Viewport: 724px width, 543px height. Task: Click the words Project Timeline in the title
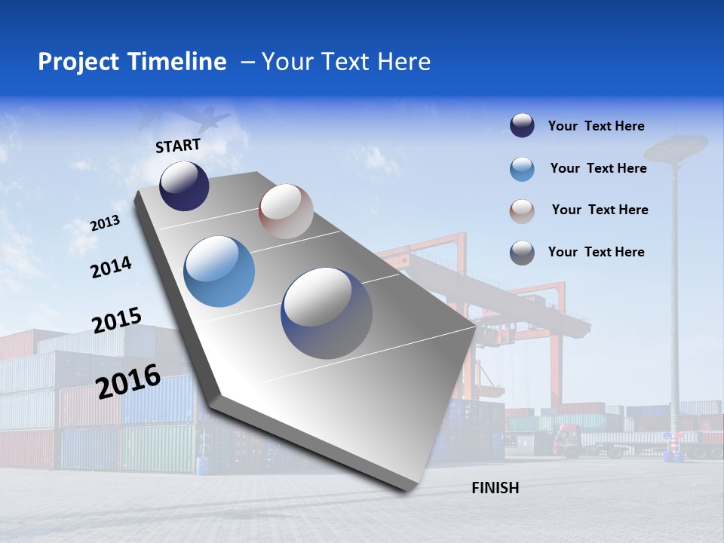coord(132,62)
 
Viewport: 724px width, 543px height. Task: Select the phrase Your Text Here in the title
coord(346,62)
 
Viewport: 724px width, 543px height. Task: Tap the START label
coord(178,146)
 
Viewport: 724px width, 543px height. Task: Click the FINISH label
coord(495,488)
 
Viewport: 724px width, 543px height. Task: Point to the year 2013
coord(106,223)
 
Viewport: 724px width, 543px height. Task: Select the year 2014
coord(111,268)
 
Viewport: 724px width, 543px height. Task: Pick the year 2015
coord(117,321)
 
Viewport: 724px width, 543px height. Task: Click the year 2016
coord(128,382)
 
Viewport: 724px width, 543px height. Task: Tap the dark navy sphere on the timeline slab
coord(184,186)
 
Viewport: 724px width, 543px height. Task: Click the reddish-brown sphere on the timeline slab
coord(286,211)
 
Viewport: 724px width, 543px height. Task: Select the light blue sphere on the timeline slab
coord(219,271)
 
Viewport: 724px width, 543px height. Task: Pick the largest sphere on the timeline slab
coord(327,313)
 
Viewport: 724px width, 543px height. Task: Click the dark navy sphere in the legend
coord(522,126)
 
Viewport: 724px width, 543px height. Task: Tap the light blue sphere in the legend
coord(522,169)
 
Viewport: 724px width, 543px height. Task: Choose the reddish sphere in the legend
coord(522,210)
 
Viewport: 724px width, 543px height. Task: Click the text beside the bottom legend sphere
coord(596,252)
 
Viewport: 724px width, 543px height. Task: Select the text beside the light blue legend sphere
coord(598,168)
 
